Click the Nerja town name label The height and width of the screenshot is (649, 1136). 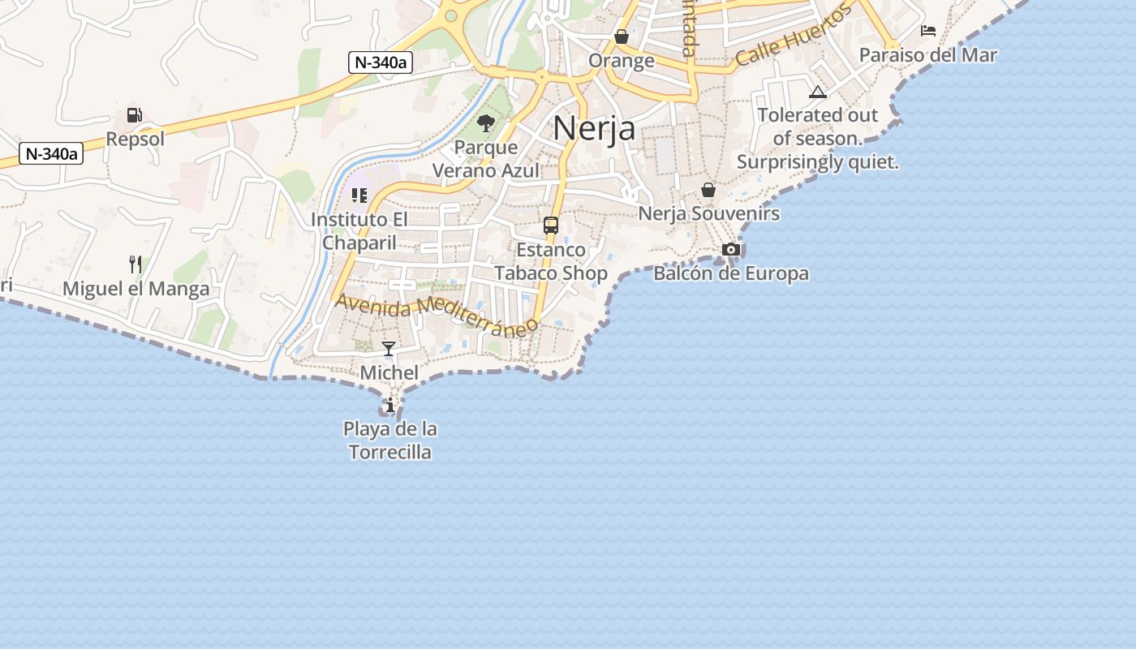click(x=594, y=128)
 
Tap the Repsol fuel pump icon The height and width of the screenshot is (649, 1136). click(x=135, y=116)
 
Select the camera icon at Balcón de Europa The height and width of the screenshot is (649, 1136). click(x=731, y=249)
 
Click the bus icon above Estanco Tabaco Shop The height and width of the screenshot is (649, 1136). click(x=551, y=226)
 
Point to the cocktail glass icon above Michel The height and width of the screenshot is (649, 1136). click(x=389, y=349)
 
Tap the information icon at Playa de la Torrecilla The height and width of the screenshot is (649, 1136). click(x=390, y=405)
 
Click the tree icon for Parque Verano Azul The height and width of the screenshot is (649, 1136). click(x=486, y=123)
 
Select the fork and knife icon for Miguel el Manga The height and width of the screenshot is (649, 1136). click(x=136, y=264)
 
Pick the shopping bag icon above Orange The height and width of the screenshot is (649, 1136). click(x=622, y=37)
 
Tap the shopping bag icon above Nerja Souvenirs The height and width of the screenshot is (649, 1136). click(x=708, y=190)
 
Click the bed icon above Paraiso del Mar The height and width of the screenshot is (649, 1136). click(x=928, y=32)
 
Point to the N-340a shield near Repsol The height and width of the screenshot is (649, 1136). click(x=52, y=153)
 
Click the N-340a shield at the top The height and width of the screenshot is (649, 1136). click(x=381, y=62)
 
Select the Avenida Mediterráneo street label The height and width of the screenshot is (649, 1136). click(x=437, y=312)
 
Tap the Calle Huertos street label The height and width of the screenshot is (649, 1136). click(x=794, y=36)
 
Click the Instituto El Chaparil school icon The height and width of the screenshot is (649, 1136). click(x=359, y=195)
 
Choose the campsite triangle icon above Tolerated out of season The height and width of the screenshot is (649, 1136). click(x=817, y=92)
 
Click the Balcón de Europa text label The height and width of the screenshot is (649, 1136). click(x=731, y=273)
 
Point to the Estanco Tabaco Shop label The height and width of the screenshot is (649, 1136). click(x=551, y=261)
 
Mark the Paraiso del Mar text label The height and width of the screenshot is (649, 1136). click(x=927, y=55)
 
